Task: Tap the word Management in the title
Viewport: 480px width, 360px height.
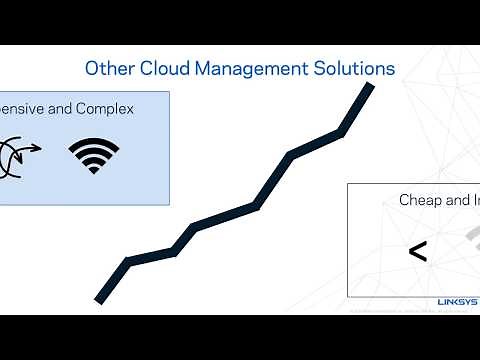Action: [250, 69]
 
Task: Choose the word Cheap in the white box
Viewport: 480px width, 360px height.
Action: [420, 200]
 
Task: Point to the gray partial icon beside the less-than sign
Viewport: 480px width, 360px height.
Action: [468, 238]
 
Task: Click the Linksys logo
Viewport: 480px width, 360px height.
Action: [458, 301]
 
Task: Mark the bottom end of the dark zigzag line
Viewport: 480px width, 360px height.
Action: [100, 297]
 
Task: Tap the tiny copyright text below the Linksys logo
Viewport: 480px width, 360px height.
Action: [400, 311]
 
